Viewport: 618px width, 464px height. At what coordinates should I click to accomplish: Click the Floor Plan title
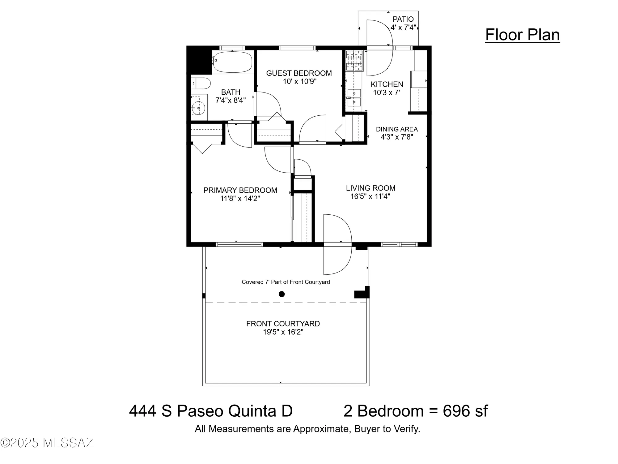(522, 35)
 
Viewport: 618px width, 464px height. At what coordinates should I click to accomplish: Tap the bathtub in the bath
(232, 62)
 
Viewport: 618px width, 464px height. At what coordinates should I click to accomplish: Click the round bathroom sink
(198, 108)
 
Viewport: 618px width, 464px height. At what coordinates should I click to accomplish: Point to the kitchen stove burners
(354, 61)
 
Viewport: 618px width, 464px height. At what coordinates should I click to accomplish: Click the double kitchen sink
(354, 97)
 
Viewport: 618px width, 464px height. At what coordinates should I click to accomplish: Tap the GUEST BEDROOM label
(299, 73)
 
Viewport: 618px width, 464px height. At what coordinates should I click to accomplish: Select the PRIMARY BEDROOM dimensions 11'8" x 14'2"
(240, 199)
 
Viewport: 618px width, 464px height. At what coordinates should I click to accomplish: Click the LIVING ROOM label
(370, 188)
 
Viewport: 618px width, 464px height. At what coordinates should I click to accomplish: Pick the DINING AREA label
(397, 129)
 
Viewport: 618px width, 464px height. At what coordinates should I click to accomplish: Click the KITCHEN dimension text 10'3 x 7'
(387, 92)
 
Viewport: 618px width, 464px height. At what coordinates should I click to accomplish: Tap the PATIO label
(403, 19)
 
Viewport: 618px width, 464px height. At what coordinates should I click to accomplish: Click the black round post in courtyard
(281, 294)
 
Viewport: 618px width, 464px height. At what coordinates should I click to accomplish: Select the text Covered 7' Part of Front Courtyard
(286, 282)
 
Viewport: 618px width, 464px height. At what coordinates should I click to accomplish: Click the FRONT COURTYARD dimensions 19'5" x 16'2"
(283, 332)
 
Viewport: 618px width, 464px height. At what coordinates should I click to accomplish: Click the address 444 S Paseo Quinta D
(211, 411)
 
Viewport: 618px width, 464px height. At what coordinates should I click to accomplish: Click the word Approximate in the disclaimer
(321, 429)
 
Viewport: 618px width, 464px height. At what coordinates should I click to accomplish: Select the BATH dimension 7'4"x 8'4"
(231, 100)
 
